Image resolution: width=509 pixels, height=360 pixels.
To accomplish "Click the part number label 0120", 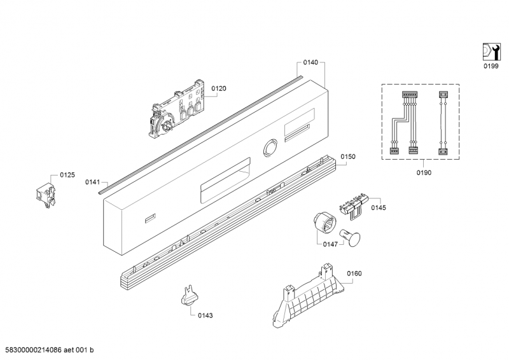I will [x=218, y=89].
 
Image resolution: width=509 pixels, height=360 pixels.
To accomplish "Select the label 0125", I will [x=67, y=174].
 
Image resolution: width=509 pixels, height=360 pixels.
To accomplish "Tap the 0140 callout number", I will [x=310, y=62].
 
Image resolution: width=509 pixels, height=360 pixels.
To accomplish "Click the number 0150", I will [x=347, y=156].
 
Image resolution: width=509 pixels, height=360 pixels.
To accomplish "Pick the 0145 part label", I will [x=379, y=207].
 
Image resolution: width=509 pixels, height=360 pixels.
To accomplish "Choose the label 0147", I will [x=330, y=244].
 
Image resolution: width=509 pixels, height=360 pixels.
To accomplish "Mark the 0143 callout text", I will [x=205, y=315].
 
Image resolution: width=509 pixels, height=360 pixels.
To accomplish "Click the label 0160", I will [x=354, y=273].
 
